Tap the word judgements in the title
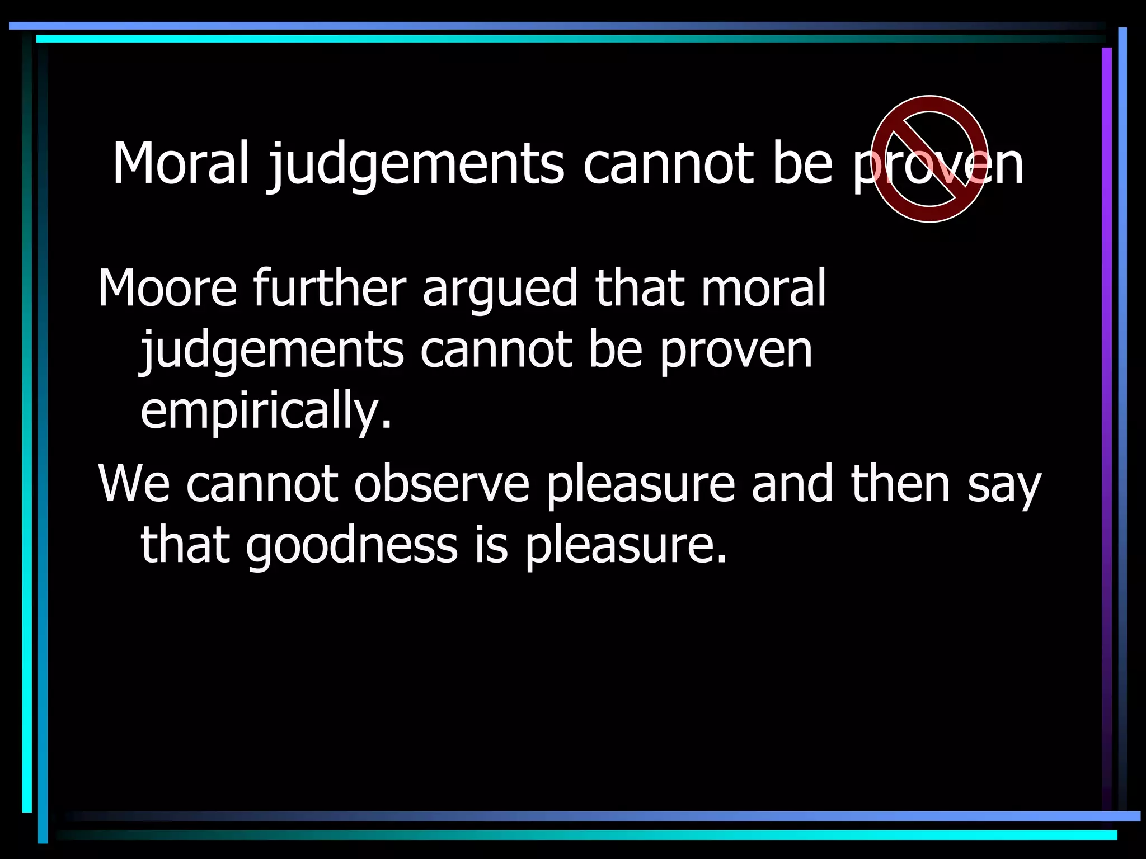click(x=415, y=166)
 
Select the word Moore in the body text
click(x=167, y=289)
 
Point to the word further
click(x=329, y=287)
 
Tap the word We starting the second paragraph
click(x=134, y=484)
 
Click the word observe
click(x=442, y=484)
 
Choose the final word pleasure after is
click(x=626, y=548)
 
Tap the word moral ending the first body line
click(x=763, y=289)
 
